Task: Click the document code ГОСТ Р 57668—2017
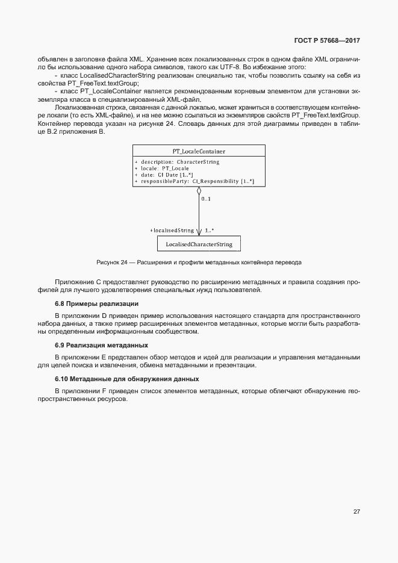[x=327, y=41]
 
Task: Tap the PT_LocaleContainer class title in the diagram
[x=199, y=151]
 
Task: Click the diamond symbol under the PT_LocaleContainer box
[x=199, y=192]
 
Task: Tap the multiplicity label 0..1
[x=206, y=198]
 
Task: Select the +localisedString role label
[x=172, y=230]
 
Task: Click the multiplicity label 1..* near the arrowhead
[x=210, y=230]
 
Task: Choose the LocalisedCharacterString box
[x=199, y=244]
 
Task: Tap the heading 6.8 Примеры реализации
[x=96, y=303]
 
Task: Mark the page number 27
[x=356, y=511]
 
